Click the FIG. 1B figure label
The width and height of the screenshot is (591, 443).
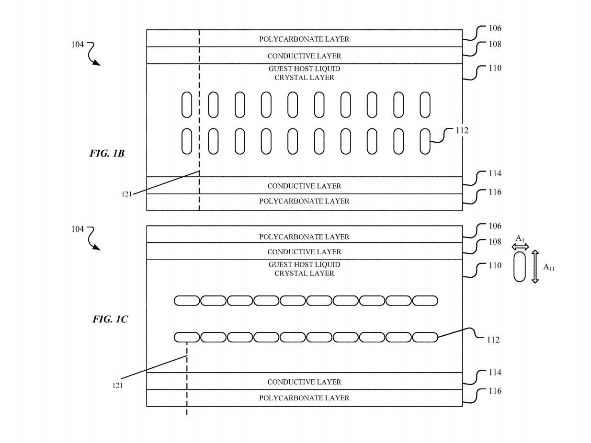(107, 154)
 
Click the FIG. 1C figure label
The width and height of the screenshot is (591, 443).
(110, 319)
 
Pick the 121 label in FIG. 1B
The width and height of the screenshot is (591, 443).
(127, 194)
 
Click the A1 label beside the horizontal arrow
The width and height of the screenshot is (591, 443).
(520, 238)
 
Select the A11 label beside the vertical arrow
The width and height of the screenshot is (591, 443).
(549, 268)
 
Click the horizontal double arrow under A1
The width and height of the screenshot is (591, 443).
(520, 247)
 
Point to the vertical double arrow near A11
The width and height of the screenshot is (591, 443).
(535, 266)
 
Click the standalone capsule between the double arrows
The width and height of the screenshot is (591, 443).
(520, 266)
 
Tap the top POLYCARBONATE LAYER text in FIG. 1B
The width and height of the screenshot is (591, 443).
(304, 39)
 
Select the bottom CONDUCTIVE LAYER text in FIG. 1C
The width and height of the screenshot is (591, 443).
(304, 382)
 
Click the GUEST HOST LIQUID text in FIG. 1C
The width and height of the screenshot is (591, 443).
(304, 264)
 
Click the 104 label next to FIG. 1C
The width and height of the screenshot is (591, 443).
(77, 229)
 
